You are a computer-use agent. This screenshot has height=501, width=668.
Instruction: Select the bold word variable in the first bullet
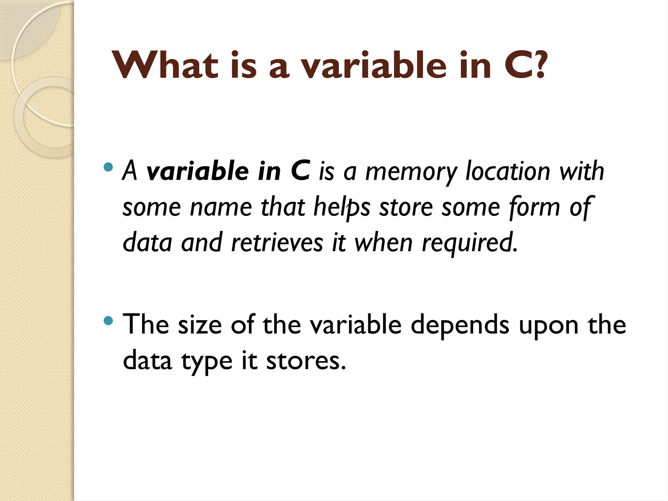coord(198,172)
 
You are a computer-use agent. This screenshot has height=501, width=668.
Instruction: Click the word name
coord(221,207)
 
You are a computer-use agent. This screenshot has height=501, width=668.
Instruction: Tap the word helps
coord(342,207)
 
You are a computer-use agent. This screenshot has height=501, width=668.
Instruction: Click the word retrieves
coord(277,243)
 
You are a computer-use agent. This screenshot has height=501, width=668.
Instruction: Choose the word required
coord(470,243)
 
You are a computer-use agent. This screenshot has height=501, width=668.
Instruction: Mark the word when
coord(383,243)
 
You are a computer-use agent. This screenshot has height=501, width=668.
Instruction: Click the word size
coord(200,325)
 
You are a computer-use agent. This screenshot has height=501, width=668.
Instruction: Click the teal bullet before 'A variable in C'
coord(108,168)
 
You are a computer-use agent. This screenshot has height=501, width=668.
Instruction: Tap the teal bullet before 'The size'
coord(108,321)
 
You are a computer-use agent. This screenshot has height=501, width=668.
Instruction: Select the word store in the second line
coord(406,207)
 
